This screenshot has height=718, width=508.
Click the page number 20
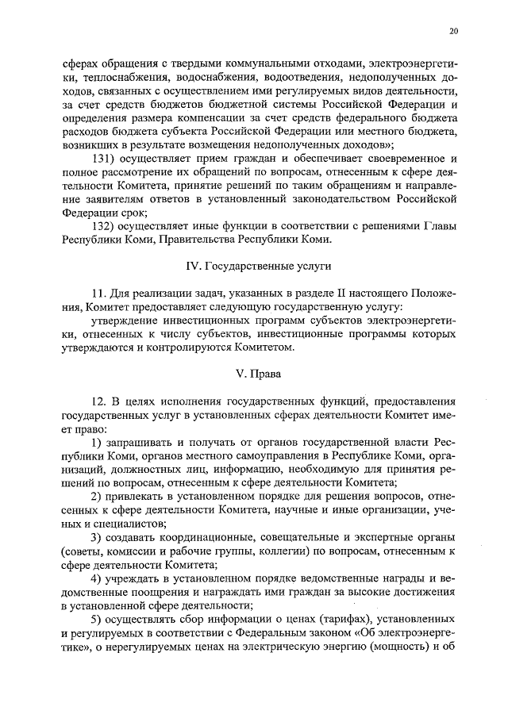(452, 31)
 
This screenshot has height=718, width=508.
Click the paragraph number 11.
(98, 294)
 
